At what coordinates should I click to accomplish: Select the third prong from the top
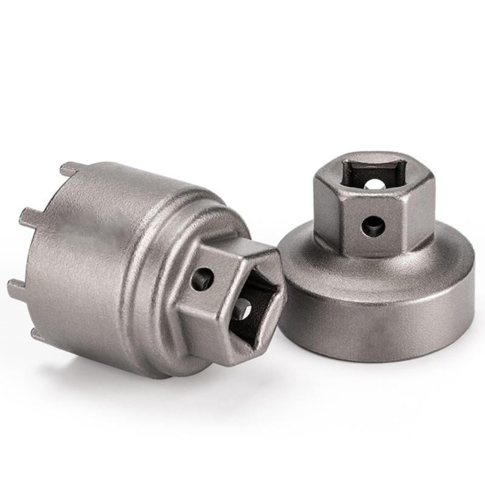(x=17, y=283)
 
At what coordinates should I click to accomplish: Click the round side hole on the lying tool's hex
(x=202, y=278)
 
